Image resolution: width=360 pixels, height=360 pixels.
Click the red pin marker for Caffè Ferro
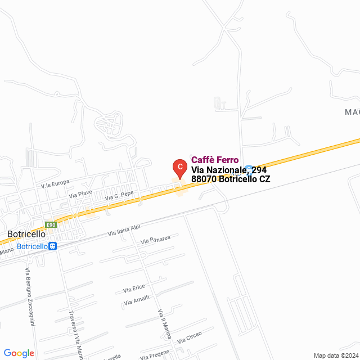[x=179, y=167]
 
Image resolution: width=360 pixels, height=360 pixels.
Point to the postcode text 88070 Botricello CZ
[x=231, y=179]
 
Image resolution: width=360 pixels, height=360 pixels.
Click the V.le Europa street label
[x=55, y=183]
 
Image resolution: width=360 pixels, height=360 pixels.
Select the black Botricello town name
[x=26, y=234]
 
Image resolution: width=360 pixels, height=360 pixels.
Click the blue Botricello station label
[x=31, y=246]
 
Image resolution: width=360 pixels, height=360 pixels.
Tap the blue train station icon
[x=52, y=246]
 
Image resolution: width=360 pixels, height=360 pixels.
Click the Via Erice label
[x=134, y=289]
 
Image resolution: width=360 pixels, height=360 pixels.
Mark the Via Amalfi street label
[x=137, y=301]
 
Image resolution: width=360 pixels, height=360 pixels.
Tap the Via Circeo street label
[x=189, y=337]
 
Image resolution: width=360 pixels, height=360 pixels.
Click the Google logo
[x=19, y=353]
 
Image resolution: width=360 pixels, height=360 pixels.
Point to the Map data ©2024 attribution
[x=335, y=355]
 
